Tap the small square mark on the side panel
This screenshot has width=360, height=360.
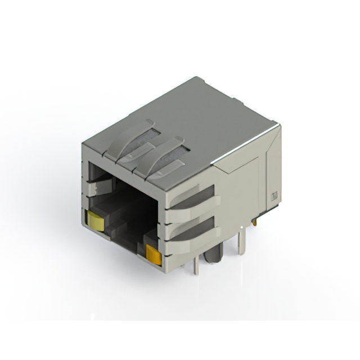coord(275,196)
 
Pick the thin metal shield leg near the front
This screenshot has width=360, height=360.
coord(196,262)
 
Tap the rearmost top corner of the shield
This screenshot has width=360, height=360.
coord(196,78)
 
